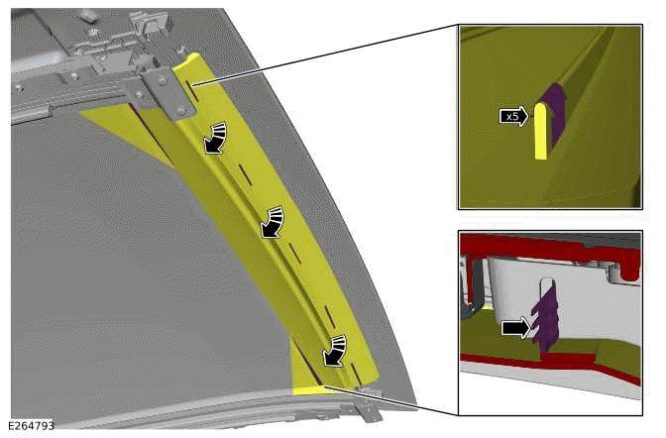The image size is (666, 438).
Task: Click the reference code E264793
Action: [x=31, y=426]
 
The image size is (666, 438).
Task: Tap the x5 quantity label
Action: [x=513, y=116]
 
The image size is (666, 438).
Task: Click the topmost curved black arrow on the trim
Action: [x=214, y=138]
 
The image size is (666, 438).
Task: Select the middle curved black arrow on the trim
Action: [x=272, y=222]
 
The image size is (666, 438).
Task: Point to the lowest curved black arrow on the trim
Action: [x=334, y=350]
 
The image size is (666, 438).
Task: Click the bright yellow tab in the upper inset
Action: [x=540, y=131]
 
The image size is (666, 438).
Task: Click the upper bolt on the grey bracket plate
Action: [x=162, y=78]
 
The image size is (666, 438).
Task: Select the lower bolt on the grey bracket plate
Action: [x=182, y=110]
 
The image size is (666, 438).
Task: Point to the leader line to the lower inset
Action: [x=389, y=400]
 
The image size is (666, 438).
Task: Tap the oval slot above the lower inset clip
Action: [x=547, y=289]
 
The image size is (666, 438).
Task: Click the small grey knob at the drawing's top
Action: [x=88, y=16]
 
